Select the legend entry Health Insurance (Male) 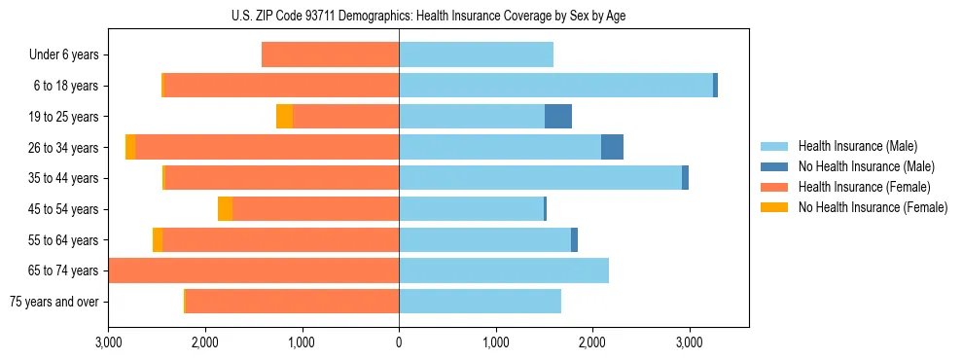pos(856,146)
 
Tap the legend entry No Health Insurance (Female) pos(873,207)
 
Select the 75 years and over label pos(53,302)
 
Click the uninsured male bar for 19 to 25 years pos(558,117)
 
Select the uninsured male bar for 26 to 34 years pos(612,147)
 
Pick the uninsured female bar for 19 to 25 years pos(284,117)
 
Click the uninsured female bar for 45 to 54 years pos(225,209)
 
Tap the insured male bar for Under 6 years pos(476,55)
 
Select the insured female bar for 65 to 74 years pos(254,270)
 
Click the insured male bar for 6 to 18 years pos(555,86)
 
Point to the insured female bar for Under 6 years pos(330,55)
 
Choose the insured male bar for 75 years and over pos(480,302)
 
